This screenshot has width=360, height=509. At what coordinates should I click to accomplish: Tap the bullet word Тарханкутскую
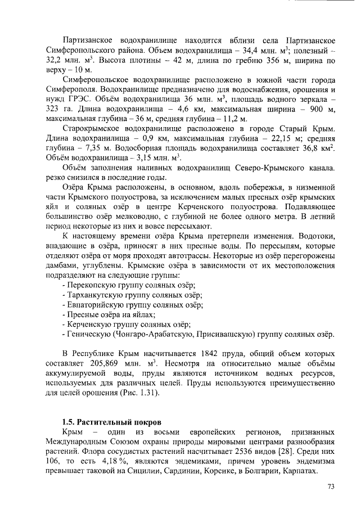click(x=96, y=296)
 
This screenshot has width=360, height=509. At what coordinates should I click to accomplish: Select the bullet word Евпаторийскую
click(x=96, y=305)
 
